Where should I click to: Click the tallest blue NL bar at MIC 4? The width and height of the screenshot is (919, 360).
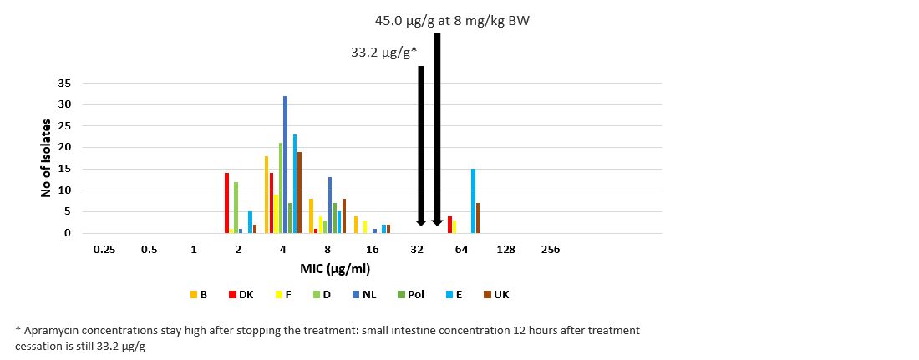pyautogui.click(x=285, y=165)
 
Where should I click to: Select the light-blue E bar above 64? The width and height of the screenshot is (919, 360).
pyautogui.click(x=473, y=200)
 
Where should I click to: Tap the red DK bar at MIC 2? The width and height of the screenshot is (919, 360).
pyautogui.click(x=226, y=203)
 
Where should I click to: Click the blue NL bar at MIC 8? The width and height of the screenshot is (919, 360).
pyautogui.click(x=330, y=205)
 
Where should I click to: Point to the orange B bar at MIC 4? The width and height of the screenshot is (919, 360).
pyautogui.click(x=267, y=195)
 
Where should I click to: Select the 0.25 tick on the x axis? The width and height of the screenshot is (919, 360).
pyautogui.click(x=104, y=250)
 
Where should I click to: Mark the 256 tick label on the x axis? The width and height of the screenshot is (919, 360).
pyautogui.click(x=550, y=250)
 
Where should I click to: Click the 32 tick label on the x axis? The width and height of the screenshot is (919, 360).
pyautogui.click(x=416, y=250)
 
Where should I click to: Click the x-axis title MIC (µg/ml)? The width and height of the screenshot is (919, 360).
pyautogui.click(x=335, y=269)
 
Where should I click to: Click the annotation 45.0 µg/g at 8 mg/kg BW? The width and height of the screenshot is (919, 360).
pyautogui.click(x=451, y=21)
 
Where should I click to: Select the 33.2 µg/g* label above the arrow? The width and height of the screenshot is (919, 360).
pyautogui.click(x=383, y=53)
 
